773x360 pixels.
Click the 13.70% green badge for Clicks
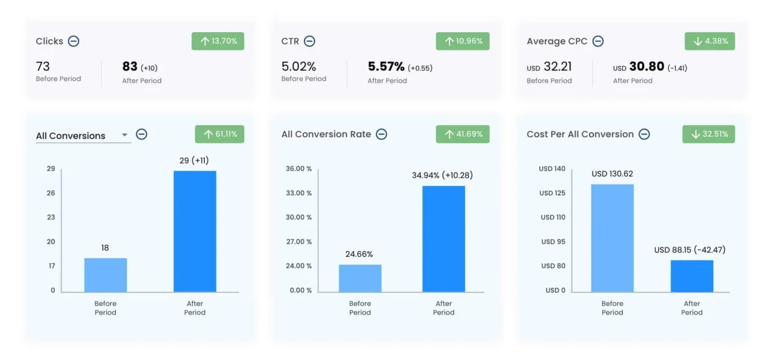pyautogui.click(x=218, y=41)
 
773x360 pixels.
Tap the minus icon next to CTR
pyautogui.click(x=309, y=41)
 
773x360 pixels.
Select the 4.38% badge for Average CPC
pyautogui.click(x=709, y=41)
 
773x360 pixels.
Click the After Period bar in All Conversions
pyautogui.click(x=195, y=231)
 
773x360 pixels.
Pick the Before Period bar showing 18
pyautogui.click(x=106, y=275)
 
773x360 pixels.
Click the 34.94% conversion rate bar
pyautogui.click(x=444, y=239)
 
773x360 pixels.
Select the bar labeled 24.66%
pyautogui.click(x=360, y=278)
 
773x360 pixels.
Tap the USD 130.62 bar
pyautogui.click(x=612, y=238)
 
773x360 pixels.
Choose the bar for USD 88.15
pyautogui.click(x=692, y=276)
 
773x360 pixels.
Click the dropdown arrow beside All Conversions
pyautogui.click(x=124, y=136)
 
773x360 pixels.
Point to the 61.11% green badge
pyautogui.click(x=220, y=134)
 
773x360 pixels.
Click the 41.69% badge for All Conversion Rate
pyautogui.click(x=463, y=134)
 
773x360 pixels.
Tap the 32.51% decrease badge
pyautogui.click(x=709, y=134)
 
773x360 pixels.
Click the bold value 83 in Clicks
pyautogui.click(x=130, y=66)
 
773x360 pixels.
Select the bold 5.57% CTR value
pyautogui.click(x=386, y=66)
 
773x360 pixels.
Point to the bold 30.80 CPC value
pyautogui.click(x=646, y=66)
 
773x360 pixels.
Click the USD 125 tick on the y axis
pyautogui.click(x=553, y=193)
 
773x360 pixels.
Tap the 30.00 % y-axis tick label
pyautogui.click(x=299, y=217)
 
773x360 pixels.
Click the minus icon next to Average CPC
pyautogui.click(x=598, y=41)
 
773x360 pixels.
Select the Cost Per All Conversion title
pyautogui.click(x=580, y=134)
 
